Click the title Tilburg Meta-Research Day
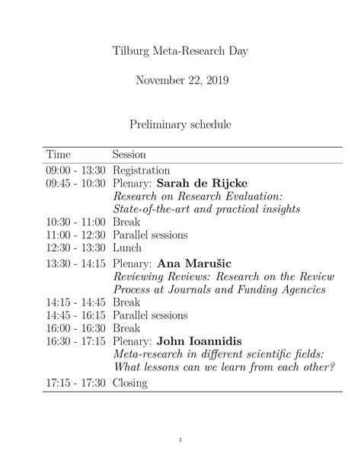click(x=180, y=51)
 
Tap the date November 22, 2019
click(x=180, y=79)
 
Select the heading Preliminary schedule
click(x=180, y=122)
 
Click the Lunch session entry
click(x=127, y=248)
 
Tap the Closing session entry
click(x=131, y=383)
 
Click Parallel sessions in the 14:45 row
click(x=151, y=315)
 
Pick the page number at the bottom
click(x=180, y=439)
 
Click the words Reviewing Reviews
click(x=161, y=277)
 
